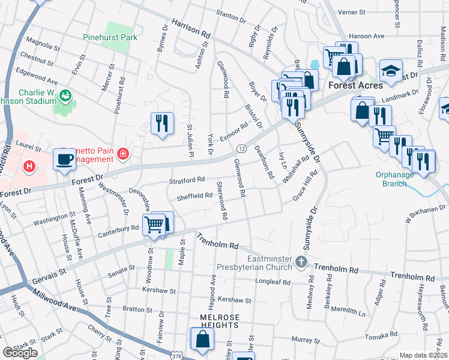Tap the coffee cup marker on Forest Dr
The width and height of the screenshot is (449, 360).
click(x=64, y=160)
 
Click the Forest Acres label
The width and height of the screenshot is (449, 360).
click(x=355, y=85)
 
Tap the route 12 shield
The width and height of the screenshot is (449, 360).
click(x=241, y=148)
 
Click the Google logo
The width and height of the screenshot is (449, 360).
click(x=20, y=353)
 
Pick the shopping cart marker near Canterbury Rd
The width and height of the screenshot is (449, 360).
click(x=154, y=224)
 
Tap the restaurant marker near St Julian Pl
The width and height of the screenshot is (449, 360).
click(x=162, y=123)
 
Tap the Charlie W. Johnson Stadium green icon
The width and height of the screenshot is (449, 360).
click(x=65, y=95)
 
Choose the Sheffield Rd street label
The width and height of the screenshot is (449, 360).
click(x=194, y=196)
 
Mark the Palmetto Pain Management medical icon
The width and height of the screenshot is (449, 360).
click(x=123, y=155)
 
